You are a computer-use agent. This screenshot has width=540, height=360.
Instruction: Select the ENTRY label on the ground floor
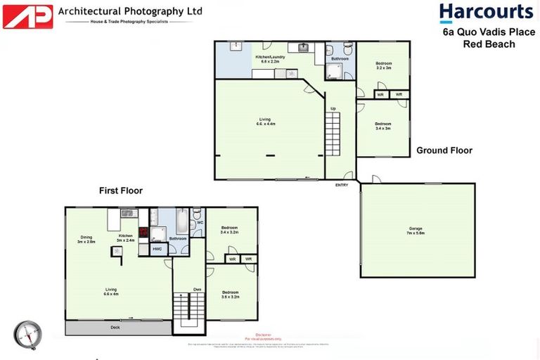click(x=342, y=185)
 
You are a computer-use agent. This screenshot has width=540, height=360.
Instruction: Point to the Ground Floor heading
click(x=444, y=150)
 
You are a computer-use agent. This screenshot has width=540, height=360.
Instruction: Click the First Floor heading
click(x=120, y=191)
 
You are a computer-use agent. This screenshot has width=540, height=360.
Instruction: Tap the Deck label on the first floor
click(x=115, y=327)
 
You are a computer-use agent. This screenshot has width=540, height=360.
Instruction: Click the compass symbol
click(x=27, y=335)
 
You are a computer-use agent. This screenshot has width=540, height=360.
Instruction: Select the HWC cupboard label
click(x=156, y=249)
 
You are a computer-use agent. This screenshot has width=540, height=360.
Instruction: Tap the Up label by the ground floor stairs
click(x=333, y=108)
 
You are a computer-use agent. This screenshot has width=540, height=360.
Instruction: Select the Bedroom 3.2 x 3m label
click(x=383, y=65)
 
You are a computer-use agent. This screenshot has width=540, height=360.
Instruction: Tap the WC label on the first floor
click(x=200, y=223)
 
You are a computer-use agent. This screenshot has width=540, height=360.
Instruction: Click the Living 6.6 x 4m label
click(x=111, y=292)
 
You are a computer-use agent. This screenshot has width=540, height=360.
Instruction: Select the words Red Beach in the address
click(x=489, y=44)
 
